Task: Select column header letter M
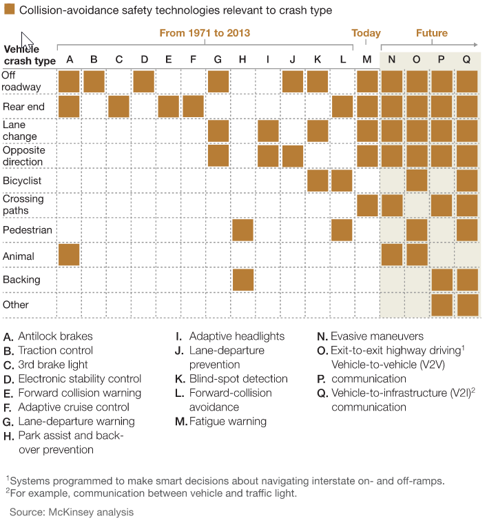(x=366, y=59)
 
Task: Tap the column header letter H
(x=242, y=59)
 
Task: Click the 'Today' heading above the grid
(x=366, y=33)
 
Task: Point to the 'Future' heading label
(x=432, y=33)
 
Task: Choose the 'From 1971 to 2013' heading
(x=205, y=33)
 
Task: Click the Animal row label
(x=19, y=256)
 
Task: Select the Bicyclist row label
(x=22, y=181)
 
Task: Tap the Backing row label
(x=21, y=280)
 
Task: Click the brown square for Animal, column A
(x=69, y=255)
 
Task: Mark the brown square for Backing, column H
(x=242, y=280)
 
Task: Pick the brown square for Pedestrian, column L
(x=342, y=230)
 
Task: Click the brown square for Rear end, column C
(x=118, y=107)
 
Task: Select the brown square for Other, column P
(x=441, y=305)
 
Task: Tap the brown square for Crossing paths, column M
(x=366, y=205)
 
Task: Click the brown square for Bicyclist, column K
(x=317, y=181)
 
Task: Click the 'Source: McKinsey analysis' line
(x=72, y=512)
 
